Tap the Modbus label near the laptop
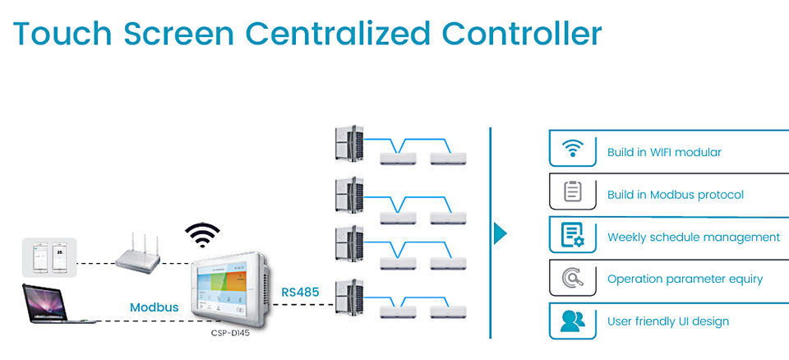pos(154,307)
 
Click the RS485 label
pos(300,291)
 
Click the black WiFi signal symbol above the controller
pos(202,235)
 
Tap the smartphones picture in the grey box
pos(48,256)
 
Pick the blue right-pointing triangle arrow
pos(500,233)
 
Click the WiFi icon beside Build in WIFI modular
pos(573,151)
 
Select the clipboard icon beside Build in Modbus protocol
pos(573,194)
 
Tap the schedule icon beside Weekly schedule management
pos(573,237)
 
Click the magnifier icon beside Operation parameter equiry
pos(573,279)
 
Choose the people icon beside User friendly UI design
pos(573,321)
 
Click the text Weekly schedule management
pos(694,238)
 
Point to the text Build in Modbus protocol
pos(676,195)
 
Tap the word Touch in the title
pos(62,34)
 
